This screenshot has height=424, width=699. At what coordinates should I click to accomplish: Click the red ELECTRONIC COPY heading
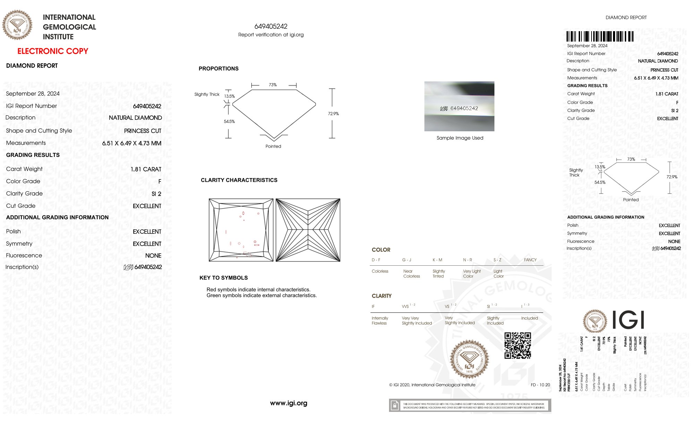click(x=53, y=51)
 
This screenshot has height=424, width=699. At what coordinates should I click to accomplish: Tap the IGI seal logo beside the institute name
click(x=17, y=25)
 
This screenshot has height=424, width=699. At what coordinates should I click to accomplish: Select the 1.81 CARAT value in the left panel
click(x=146, y=169)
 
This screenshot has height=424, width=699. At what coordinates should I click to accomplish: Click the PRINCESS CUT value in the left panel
click(x=143, y=131)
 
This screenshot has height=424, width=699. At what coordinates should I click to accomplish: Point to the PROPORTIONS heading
click(x=218, y=69)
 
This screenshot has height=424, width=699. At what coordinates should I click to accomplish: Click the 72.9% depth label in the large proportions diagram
click(x=333, y=114)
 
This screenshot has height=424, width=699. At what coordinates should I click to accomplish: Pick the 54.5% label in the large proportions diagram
click(x=229, y=122)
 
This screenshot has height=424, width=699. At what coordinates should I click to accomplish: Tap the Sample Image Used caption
click(x=460, y=138)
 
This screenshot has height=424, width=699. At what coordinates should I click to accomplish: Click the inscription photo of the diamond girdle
click(x=459, y=106)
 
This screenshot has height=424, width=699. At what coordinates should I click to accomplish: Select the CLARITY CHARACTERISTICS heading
click(x=239, y=180)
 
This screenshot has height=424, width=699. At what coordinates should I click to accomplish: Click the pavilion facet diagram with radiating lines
click(x=308, y=230)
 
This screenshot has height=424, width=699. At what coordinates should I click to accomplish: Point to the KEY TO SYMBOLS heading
click(x=224, y=278)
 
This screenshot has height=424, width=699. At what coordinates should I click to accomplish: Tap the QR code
click(x=517, y=345)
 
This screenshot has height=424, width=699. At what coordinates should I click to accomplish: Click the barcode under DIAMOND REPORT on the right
click(x=600, y=36)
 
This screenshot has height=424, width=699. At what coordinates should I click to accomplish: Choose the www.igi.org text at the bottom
click(x=288, y=403)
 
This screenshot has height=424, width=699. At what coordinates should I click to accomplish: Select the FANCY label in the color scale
click(x=530, y=260)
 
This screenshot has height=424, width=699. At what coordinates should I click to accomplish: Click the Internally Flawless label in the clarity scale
click(x=380, y=320)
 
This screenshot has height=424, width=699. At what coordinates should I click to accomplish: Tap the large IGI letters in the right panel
click(x=628, y=320)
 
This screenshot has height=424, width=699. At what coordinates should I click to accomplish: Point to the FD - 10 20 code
click(x=540, y=385)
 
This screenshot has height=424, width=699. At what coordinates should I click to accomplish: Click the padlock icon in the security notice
click(x=395, y=405)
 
